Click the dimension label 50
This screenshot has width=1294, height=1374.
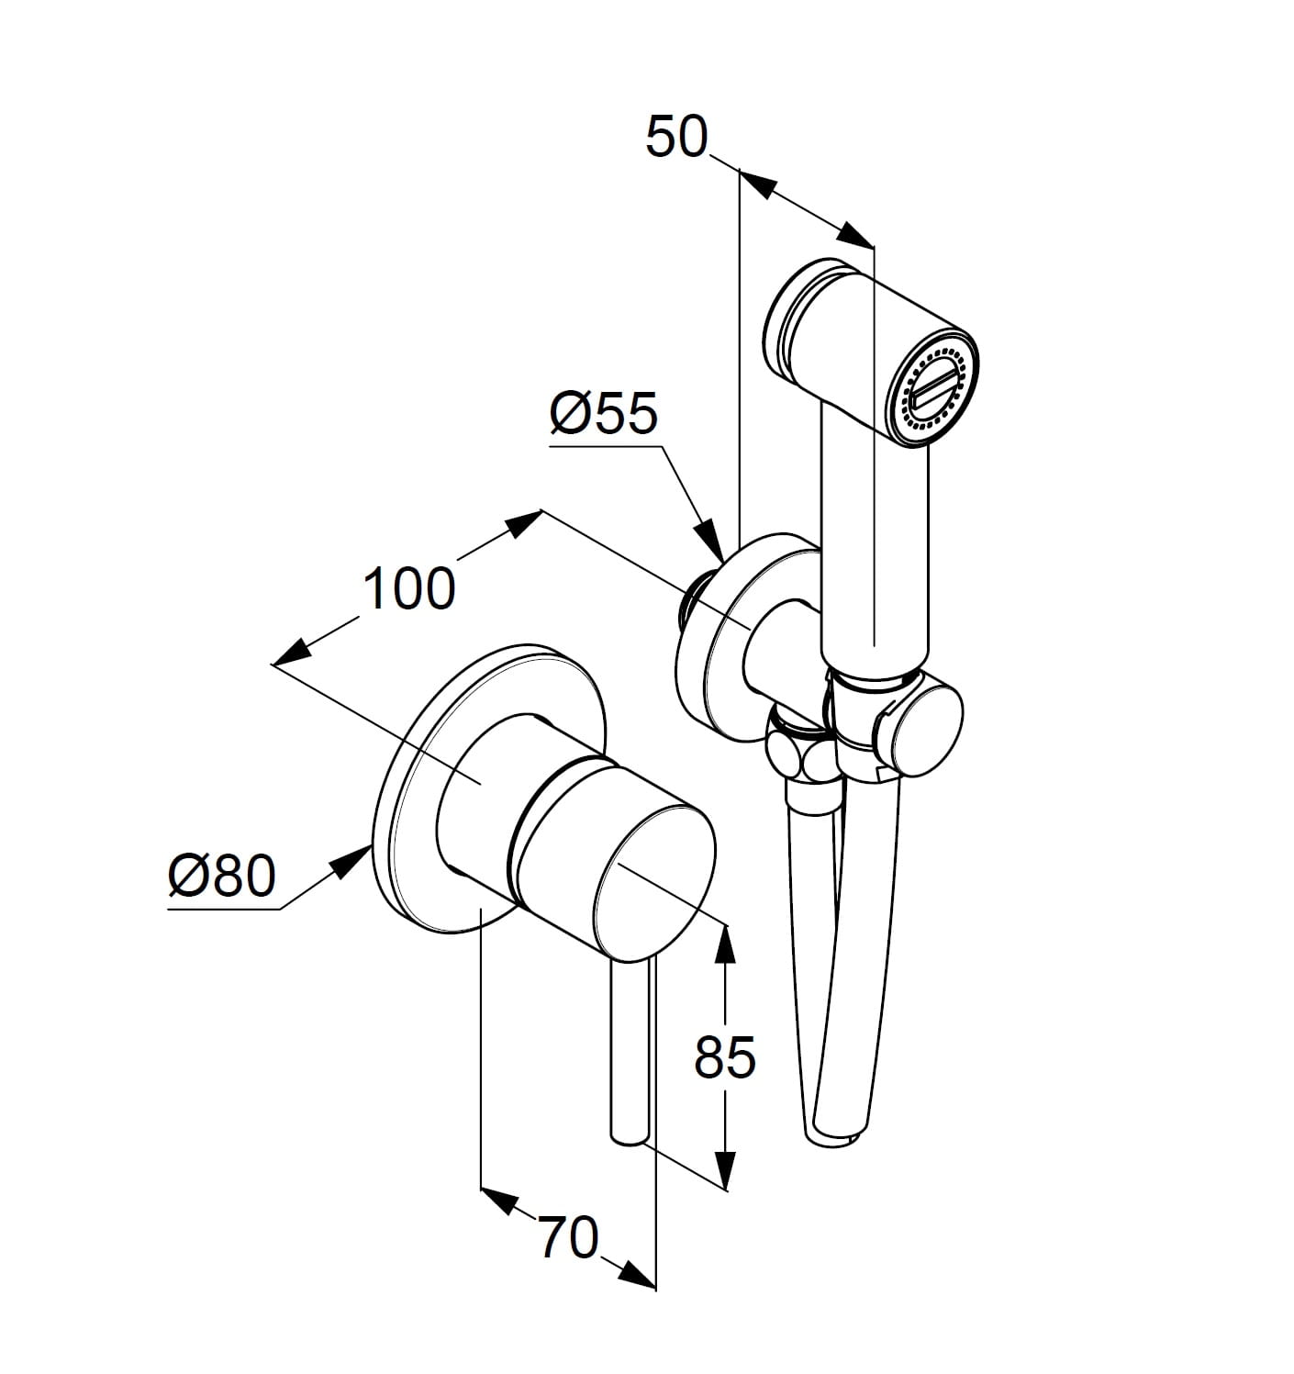pyautogui.click(x=676, y=137)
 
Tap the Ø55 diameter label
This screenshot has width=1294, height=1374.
pyautogui.click(x=603, y=414)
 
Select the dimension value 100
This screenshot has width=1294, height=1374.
pyautogui.click(x=409, y=588)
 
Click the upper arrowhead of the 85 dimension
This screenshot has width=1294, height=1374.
pyautogui.click(x=724, y=944)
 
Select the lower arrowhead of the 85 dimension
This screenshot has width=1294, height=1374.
pyautogui.click(x=724, y=1170)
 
